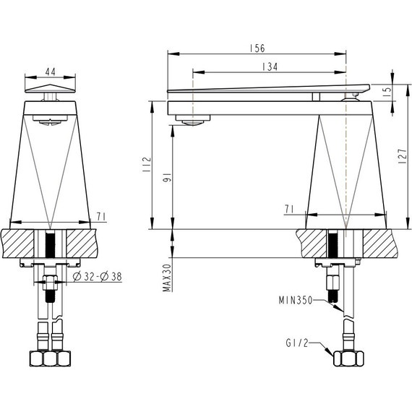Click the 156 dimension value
tap(257, 48)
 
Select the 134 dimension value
tap(270, 66)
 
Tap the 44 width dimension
tap(51, 72)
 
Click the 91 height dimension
tap(167, 178)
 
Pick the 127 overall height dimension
tap(403, 156)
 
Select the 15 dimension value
tap(388, 90)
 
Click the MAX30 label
tap(167, 278)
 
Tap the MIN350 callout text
tap(296, 300)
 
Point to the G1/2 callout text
tap(296, 343)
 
